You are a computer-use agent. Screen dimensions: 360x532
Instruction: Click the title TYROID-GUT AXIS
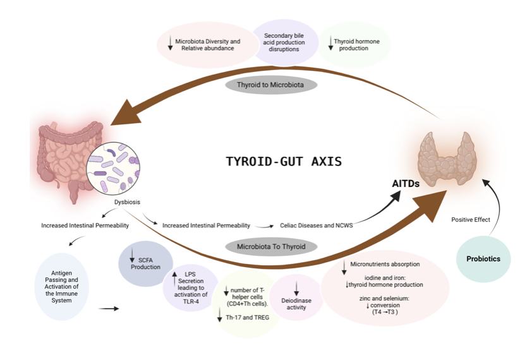point(284,162)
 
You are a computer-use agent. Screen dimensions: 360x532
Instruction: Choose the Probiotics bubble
point(483,259)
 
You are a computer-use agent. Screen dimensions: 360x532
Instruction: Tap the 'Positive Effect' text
point(471,220)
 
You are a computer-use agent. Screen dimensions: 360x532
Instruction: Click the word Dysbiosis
point(127,203)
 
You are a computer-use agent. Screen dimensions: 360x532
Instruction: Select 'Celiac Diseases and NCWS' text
point(316,225)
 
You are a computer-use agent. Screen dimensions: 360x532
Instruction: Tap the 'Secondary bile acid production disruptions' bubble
point(284,43)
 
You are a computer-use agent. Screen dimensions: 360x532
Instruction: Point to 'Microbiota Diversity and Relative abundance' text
point(202,44)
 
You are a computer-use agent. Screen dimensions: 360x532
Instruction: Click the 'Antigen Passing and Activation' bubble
point(62,287)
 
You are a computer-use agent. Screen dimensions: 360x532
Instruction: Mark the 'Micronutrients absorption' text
point(384,263)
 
